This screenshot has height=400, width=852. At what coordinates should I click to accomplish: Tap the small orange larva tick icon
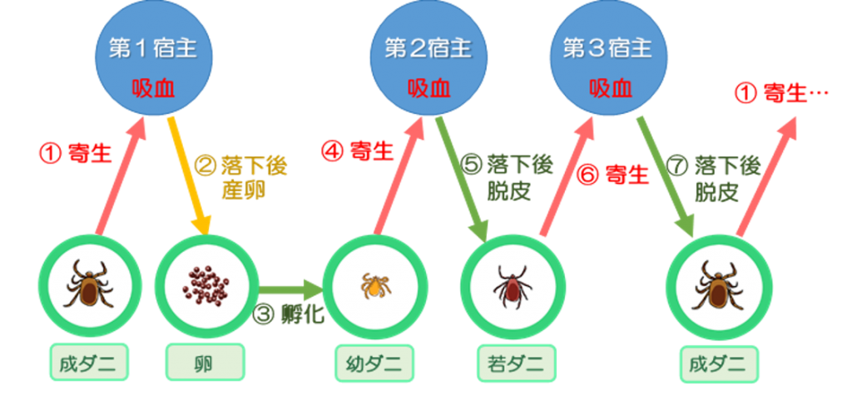374,284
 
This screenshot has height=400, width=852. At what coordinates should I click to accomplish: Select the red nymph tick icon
512,283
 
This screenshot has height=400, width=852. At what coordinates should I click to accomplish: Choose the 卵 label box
205,363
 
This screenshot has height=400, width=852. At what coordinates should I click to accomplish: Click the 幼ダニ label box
374,363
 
